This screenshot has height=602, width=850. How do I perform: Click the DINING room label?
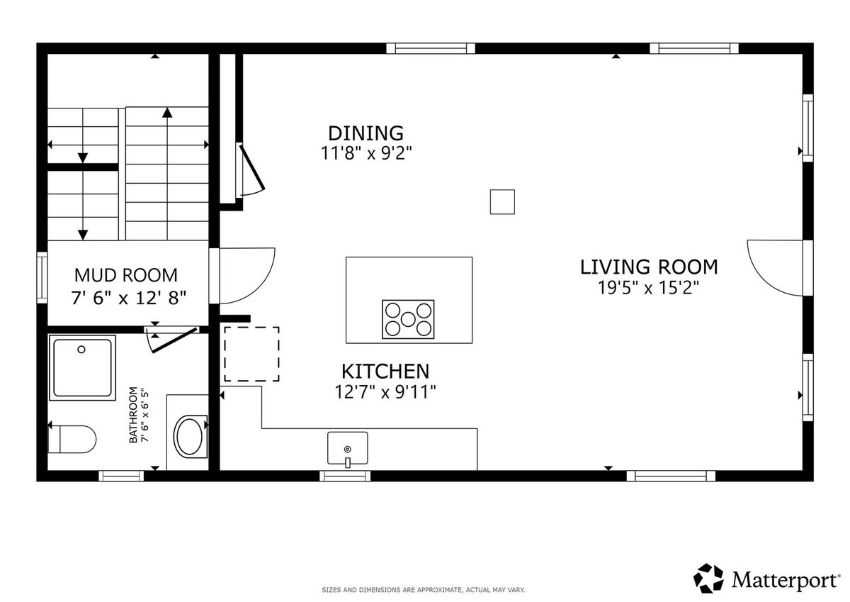point(365,133)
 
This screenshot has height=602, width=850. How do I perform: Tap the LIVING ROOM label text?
point(649,267)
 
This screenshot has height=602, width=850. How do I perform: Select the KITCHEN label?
point(385,371)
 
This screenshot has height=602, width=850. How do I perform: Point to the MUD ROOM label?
point(126,275)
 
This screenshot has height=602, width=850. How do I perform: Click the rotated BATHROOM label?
point(133,415)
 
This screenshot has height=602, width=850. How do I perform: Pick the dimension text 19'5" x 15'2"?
point(648,287)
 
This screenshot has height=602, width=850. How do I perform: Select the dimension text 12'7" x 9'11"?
point(385,392)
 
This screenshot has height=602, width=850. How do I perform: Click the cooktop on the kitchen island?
point(408,319)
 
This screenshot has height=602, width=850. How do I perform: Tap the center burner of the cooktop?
point(408,319)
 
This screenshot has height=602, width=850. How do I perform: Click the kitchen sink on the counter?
point(347,448)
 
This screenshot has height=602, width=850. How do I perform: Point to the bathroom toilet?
point(72,439)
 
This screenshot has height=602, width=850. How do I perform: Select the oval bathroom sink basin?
point(191,436)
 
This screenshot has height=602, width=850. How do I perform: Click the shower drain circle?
point(81,350)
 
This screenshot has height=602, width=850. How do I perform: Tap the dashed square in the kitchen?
point(251,354)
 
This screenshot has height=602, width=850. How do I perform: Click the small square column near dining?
point(502,202)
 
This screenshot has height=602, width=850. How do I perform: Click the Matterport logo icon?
point(708,579)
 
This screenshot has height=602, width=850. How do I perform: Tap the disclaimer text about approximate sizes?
point(424,590)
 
